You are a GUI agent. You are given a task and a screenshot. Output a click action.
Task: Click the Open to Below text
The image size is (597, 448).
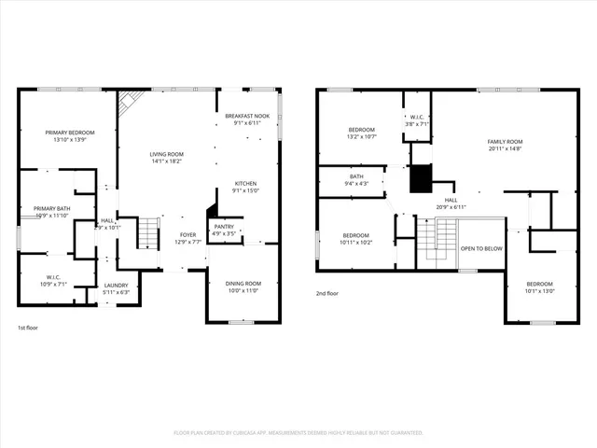(x=482, y=249)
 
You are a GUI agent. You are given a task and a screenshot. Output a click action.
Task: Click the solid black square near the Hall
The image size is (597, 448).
(x=422, y=176)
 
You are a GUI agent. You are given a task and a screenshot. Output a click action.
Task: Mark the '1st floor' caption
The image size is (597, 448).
(x=28, y=329)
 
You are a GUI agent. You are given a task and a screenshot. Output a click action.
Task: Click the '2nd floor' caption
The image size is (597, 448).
(x=328, y=293)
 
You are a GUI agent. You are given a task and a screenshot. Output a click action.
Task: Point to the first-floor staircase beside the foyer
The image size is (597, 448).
(x=148, y=232)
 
